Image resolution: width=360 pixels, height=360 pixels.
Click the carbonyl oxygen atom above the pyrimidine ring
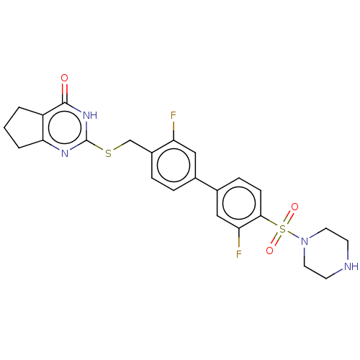[64, 78]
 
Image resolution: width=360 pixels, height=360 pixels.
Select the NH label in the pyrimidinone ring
[90, 115]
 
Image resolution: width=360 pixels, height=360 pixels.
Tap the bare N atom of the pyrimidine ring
[65, 153]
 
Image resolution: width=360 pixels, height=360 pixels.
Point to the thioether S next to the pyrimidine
[109, 153]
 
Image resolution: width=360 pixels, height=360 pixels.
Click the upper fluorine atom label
[174, 115]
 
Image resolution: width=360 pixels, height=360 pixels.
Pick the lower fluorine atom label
[238, 253]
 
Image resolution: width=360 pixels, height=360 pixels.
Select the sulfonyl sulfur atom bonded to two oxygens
[283, 229]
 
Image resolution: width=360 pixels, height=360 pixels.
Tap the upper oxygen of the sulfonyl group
[294, 207]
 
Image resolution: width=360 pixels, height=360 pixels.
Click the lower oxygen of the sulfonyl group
[269, 251]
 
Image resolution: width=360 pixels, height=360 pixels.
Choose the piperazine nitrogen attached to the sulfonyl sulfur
[305, 241]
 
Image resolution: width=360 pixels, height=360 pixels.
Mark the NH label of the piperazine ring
[351, 266]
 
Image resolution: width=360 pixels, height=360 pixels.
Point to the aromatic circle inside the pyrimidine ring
[65, 127]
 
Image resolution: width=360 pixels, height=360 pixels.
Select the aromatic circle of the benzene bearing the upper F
[174, 165]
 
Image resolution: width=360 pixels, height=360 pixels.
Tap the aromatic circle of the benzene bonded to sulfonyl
[239, 203]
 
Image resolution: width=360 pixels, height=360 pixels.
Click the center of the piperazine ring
[326, 253]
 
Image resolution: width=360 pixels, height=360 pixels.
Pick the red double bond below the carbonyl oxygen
[64, 93]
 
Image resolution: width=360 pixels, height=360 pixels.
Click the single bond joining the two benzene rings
[206, 184]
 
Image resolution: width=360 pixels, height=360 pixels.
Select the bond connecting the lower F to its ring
[239, 238]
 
